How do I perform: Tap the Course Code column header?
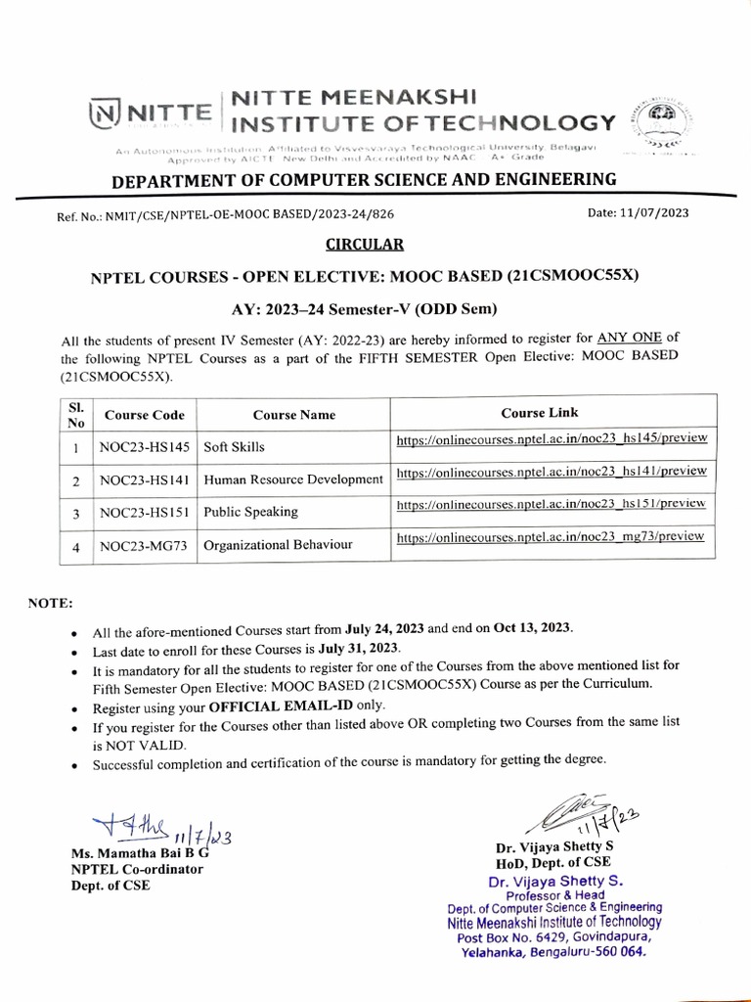click(x=145, y=415)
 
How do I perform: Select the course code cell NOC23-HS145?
click(x=145, y=446)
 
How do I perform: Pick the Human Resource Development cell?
click(x=293, y=479)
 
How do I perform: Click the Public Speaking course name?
click(x=250, y=512)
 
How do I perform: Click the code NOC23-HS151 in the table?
click(x=145, y=512)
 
